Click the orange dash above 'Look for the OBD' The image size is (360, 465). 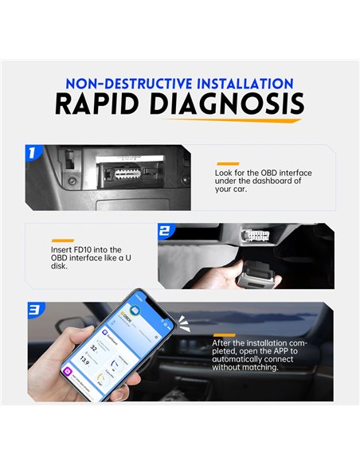(x=227, y=163)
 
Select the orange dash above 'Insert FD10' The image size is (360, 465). (x=62, y=240)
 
